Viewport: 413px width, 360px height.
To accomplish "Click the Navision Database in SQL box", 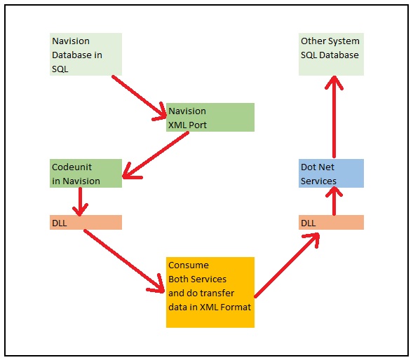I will pos(86,54).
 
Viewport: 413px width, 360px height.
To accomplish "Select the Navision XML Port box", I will pos(210,117).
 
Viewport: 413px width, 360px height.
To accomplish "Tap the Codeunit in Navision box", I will pos(86,173).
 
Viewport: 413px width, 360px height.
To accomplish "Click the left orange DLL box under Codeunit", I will pos(86,222).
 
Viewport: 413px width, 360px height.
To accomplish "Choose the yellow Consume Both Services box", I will pos(210,292).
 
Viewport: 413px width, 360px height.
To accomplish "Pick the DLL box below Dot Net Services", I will pos(331,222).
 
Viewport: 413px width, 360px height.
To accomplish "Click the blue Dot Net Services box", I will pos(331,173).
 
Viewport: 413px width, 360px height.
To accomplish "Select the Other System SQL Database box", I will pos(331,54).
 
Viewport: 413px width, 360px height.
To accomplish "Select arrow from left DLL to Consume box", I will pos(123,259).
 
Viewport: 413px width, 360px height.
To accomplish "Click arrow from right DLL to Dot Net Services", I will pos(334,202).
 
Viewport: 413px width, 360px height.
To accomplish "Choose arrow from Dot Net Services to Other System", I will pos(334,116).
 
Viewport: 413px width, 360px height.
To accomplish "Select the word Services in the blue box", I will pos(319,181).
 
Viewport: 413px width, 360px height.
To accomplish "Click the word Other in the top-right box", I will pos(313,41).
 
